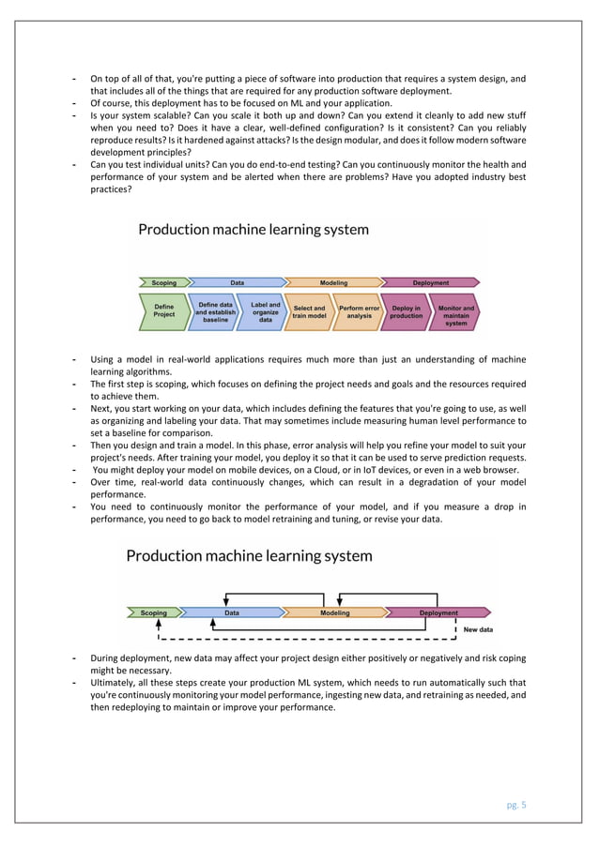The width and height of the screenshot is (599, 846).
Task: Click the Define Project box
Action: [164, 311]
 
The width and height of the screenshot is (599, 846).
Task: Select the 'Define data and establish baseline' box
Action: [215, 311]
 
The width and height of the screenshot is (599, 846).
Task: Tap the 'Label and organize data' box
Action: [265, 311]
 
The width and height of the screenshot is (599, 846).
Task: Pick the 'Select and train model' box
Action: [309, 311]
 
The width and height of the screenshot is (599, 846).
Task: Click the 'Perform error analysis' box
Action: [359, 311]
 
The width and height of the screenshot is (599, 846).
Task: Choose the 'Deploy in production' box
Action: [407, 311]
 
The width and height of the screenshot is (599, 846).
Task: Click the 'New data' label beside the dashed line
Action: [478, 630]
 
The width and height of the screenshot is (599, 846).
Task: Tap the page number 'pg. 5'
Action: [515, 804]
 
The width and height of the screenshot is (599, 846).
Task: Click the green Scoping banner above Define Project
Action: [163, 282]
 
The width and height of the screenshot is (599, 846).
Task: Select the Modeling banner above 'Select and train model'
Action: [332, 282]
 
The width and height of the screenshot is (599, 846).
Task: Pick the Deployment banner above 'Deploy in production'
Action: [430, 282]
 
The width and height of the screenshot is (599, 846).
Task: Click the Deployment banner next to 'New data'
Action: [438, 613]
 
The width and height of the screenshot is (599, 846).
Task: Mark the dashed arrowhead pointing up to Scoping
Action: [159, 624]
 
